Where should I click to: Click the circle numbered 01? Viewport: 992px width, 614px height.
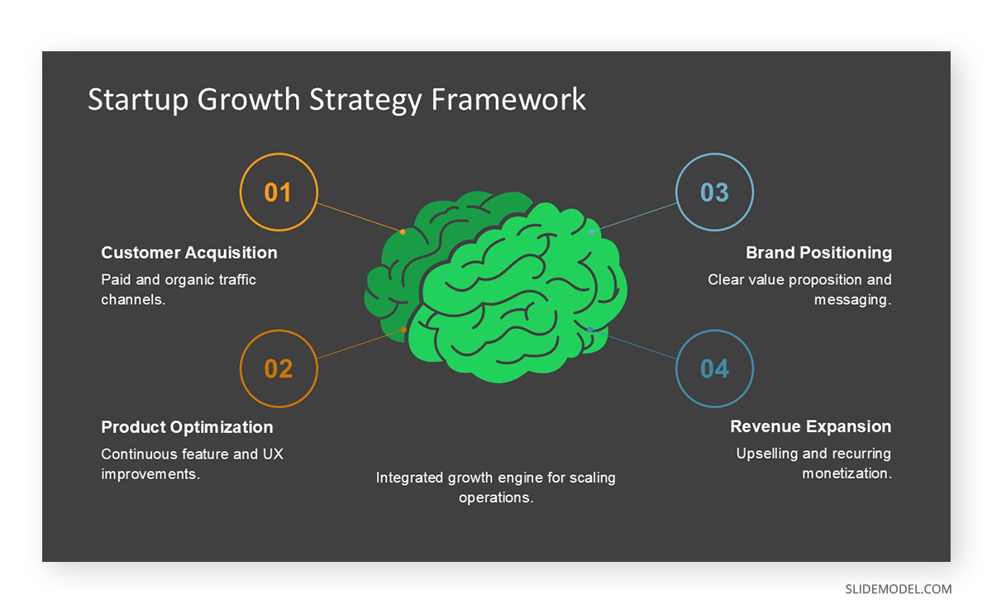278,193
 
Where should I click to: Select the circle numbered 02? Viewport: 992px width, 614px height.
278,369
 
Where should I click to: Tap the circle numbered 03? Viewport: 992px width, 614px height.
714,193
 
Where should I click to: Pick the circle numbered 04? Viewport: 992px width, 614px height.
714,369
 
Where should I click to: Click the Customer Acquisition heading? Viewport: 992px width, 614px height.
189,253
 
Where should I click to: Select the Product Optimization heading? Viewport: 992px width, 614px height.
187,427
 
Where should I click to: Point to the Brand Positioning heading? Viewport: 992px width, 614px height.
818,253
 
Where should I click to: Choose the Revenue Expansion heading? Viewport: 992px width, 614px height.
810,427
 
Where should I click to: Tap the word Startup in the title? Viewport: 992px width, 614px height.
138,99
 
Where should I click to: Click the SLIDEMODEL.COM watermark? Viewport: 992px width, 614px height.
898,589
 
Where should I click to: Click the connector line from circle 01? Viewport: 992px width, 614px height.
360,217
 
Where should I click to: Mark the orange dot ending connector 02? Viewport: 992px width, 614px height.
403,330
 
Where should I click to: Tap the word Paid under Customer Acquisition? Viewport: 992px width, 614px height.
115,280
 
